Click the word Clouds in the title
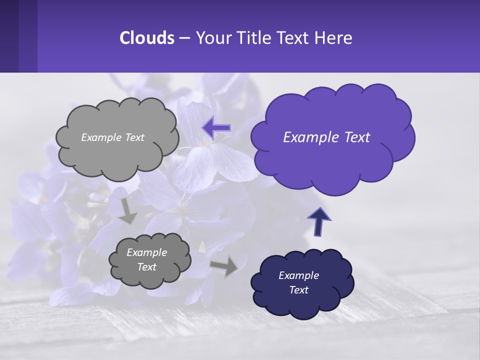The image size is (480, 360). tap(146, 38)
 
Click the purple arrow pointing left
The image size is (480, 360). tap(216, 127)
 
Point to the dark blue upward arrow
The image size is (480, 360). tap(319, 221)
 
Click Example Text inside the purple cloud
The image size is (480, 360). tap(326, 137)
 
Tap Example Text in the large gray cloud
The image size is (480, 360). tap(112, 137)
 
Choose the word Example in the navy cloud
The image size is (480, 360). tap(298, 275)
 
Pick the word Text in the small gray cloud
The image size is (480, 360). tap(146, 267)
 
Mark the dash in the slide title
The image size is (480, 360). tap(184, 38)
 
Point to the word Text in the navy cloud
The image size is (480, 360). tap(298, 290)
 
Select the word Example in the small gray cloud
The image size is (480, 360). tap(146, 252)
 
